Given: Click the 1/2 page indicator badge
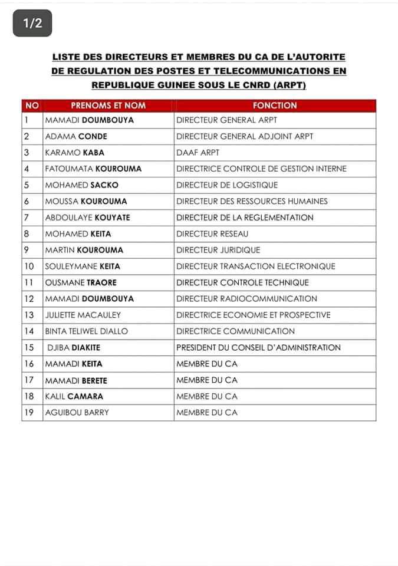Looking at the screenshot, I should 32,24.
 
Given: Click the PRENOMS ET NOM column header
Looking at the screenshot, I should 108,106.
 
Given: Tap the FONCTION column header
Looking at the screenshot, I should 274,106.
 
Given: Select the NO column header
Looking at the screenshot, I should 32,106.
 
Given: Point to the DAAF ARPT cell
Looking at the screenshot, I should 198,152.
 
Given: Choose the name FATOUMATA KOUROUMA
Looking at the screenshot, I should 93,169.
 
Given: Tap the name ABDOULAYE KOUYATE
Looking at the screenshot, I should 87,218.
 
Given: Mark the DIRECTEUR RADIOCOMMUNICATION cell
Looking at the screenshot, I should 246,299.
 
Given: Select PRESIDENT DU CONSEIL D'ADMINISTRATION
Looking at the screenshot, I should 258,348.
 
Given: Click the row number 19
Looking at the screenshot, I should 28,413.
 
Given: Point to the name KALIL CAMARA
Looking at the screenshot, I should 74,396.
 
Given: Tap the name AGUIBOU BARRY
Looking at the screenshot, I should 77,413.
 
